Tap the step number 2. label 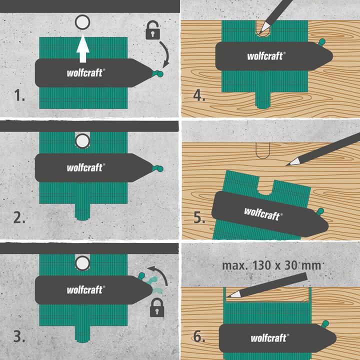(20, 217)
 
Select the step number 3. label (20, 336)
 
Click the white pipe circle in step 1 (82, 22)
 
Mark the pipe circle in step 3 (82, 262)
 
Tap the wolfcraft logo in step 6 (269, 338)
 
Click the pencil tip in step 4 (258, 33)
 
